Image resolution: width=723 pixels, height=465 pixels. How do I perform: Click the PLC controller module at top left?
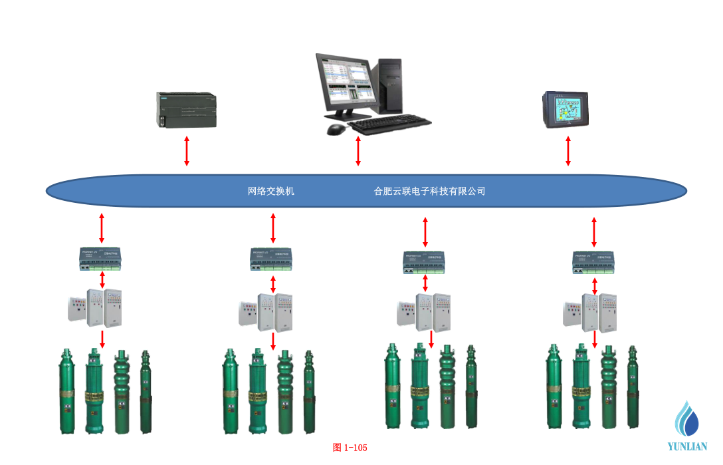[x=186, y=110]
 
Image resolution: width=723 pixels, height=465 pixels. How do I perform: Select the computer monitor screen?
[x=346, y=83]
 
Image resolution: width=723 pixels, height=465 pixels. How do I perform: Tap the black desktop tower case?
[x=391, y=85]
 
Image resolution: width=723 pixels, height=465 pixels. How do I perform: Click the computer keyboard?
[x=389, y=123]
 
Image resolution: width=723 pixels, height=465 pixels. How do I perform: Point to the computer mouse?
[x=337, y=128]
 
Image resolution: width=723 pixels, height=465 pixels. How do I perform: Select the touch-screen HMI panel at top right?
[x=565, y=109]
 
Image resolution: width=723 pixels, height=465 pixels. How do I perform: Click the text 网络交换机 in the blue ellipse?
[x=271, y=192]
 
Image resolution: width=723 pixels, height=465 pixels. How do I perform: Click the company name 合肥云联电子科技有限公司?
[x=429, y=192]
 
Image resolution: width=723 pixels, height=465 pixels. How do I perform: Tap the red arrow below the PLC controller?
[x=187, y=151]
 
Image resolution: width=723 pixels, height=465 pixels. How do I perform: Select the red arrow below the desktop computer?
[x=358, y=151]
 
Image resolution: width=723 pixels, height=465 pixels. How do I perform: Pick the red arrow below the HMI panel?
[x=568, y=151]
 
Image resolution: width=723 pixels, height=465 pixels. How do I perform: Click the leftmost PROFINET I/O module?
[x=101, y=259]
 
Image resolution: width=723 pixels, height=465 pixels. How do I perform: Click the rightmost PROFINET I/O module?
[x=595, y=262]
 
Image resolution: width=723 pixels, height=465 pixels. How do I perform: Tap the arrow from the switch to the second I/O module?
[x=273, y=228]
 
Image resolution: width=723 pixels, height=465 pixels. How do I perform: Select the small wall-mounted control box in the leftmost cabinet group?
[x=76, y=310]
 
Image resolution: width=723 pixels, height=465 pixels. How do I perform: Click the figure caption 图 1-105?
[x=350, y=448]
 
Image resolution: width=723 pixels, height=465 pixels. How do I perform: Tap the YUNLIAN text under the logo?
[x=688, y=447]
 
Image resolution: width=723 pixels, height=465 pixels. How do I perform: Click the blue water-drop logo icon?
[x=687, y=419]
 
